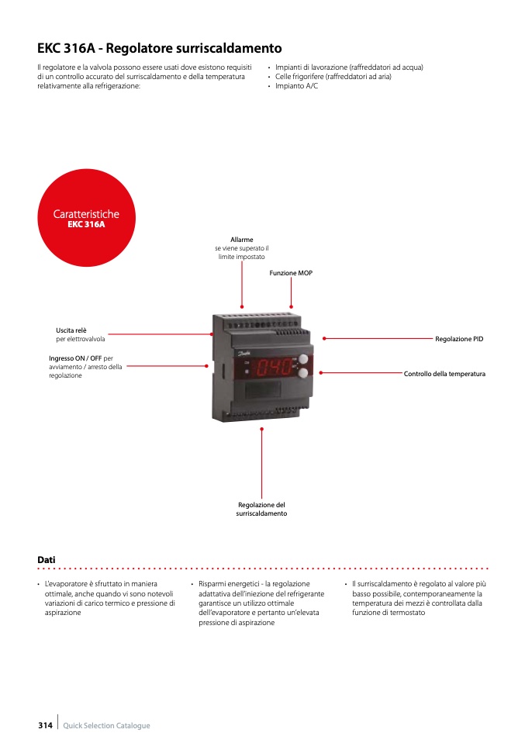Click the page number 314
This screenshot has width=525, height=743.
45,725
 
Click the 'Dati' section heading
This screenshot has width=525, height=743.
47,560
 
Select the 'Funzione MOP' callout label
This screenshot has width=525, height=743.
291,273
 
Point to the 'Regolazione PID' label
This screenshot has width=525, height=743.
459,339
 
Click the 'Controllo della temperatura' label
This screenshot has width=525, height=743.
444,374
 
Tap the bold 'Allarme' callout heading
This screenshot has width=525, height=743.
242,240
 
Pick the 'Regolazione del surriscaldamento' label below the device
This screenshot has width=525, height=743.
261,510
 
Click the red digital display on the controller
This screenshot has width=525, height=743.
275,367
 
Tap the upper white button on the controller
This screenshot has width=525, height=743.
302,360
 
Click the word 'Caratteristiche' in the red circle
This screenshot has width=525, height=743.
86,214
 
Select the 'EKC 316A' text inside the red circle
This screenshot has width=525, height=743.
86,225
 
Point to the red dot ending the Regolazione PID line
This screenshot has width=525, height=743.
323,339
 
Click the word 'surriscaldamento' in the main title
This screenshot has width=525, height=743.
228,48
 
